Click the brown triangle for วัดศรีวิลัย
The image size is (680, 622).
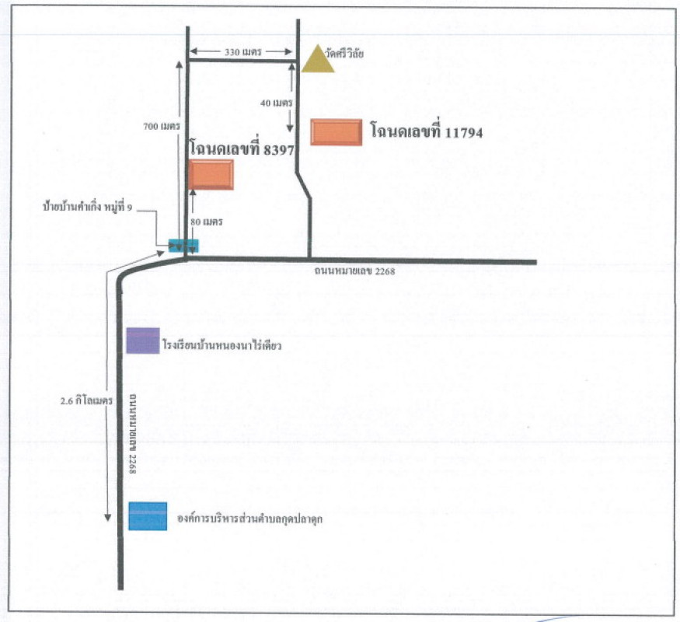tap(318, 61)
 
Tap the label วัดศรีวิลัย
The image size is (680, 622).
tap(346, 54)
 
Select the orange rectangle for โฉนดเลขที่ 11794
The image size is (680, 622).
tap(336, 132)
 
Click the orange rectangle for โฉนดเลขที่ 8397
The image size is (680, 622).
tap(210, 174)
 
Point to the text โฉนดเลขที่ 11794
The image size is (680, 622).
tap(427, 133)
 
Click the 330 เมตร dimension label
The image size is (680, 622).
tap(242, 52)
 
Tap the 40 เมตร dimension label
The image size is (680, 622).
tap(277, 103)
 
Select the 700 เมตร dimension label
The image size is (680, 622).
tap(162, 126)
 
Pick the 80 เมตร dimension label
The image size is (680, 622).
tap(207, 222)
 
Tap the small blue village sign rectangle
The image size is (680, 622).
tap(184, 246)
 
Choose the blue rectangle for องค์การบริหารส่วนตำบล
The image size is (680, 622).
tap(148, 515)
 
